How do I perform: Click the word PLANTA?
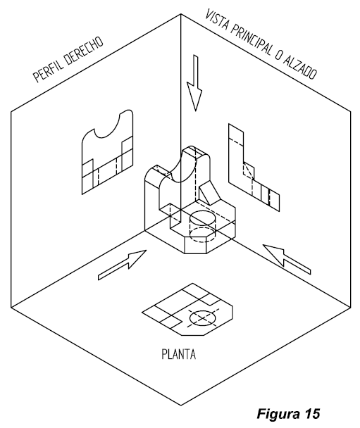click(179, 354)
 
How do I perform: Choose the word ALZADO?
click(299, 68)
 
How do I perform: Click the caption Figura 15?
click(288, 413)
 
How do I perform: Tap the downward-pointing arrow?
click(194, 83)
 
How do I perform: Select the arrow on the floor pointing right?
click(122, 265)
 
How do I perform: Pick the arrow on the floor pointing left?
click(287, 259)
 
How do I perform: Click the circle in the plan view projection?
click(203, 317)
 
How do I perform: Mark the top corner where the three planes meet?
click(180, 14)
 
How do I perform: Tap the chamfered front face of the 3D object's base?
click(195, 245)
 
